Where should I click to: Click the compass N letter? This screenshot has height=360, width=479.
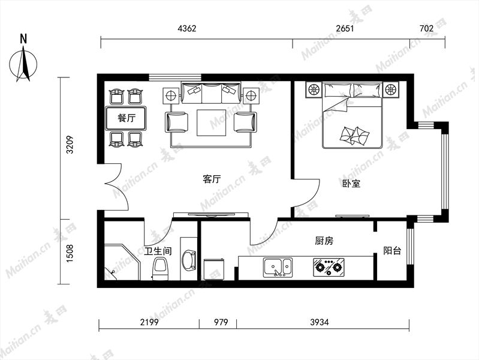click(23, 39)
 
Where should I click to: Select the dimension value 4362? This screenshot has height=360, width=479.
click(187, 28)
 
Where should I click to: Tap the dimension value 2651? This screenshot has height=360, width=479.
click(345, 28)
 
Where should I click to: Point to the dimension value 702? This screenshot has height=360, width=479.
click(426, 28)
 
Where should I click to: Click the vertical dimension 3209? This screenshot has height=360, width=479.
click(70, 145)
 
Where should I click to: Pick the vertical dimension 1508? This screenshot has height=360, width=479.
click(70, 253)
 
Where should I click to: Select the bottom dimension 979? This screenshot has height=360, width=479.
click(221, 322)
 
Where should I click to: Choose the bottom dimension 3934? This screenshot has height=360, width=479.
click(320, 322)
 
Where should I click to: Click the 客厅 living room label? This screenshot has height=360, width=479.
click(212, 179)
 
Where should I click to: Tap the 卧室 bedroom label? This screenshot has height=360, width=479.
click(351, 183)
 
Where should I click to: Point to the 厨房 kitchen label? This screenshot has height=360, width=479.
click(324, 241)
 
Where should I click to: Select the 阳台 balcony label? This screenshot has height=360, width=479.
click(392, 251)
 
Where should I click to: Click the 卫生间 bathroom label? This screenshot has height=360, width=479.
click(158, 251)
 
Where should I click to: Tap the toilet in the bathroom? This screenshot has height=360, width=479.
click(161, 268)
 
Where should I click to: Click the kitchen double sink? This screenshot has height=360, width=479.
click(278, 268)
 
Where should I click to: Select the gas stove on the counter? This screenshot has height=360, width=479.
click(329, 268)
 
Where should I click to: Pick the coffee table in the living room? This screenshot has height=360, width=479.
click(212, 122)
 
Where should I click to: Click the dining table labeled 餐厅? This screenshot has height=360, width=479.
click(126, 118)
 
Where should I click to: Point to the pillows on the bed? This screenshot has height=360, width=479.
click(354, 136)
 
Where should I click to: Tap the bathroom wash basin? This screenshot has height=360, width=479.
click(189, 261)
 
